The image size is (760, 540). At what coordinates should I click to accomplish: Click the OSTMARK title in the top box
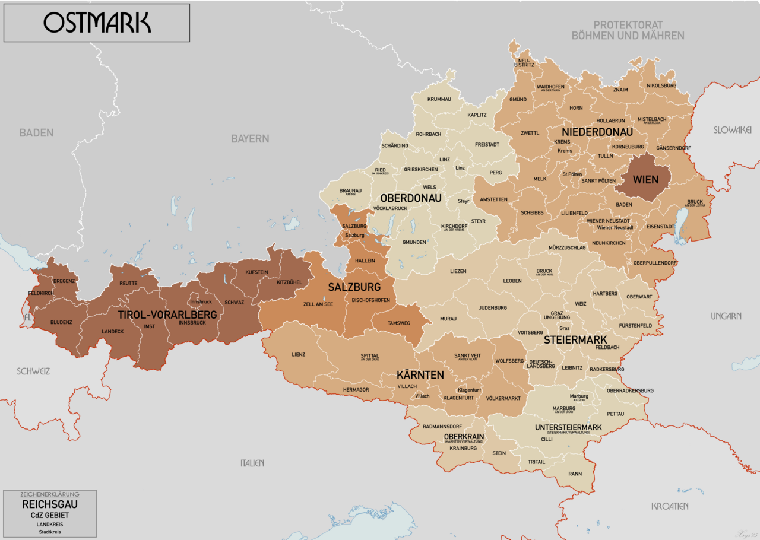[x=97, y=23]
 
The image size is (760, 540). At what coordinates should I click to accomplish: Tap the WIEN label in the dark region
[x=645, y=179]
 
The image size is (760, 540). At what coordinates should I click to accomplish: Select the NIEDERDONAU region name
[x=597, y=132]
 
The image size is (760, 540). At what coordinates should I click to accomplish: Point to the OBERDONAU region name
[x=411, y=198]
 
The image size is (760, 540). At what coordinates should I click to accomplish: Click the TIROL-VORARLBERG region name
[x=167, y=315]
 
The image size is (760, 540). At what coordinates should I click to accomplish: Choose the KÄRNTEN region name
[x=420, y=375]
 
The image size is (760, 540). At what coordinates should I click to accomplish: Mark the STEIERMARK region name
[x=575, y=340]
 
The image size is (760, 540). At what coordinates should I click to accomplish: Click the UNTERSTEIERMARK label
[x=568, y=427]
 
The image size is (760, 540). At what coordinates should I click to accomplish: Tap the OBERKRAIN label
[x=464, y=436]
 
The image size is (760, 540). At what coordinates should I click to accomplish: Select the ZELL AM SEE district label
[x=318, y=304]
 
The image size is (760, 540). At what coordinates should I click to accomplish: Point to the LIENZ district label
[x=299, y=354]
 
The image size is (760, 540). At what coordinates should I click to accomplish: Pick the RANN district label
[x=575, y=474]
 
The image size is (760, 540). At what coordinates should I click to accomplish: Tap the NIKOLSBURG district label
[x=661, y=85]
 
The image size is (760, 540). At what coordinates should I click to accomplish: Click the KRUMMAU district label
[x=439, y=99]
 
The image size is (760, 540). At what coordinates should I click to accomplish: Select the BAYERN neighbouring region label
[x=250, y=138]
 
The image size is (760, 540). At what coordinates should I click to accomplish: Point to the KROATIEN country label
[x=670, y=506]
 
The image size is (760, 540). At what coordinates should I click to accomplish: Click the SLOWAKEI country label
[x=733, y=129]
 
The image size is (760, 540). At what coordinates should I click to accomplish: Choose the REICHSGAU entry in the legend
[x=50, y=504]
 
